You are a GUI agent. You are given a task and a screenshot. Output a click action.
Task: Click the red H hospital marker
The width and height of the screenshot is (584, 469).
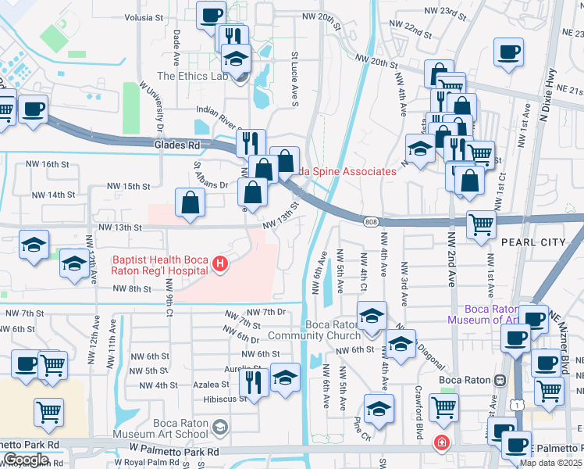coord(220,266)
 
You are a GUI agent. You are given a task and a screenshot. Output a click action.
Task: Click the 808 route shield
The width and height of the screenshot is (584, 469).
coord(371,223)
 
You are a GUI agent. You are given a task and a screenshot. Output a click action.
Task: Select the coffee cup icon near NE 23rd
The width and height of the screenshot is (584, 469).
coord(508,52)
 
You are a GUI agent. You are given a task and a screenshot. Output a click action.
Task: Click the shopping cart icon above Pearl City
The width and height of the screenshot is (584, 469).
coord(481,224)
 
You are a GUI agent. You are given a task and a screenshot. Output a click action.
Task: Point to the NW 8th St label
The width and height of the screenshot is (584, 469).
coord(131,288)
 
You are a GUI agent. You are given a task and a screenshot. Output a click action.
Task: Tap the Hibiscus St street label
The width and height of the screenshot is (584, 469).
coord(226,398)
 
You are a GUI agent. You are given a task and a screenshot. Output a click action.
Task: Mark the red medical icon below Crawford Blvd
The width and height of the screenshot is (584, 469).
coord(442,442)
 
